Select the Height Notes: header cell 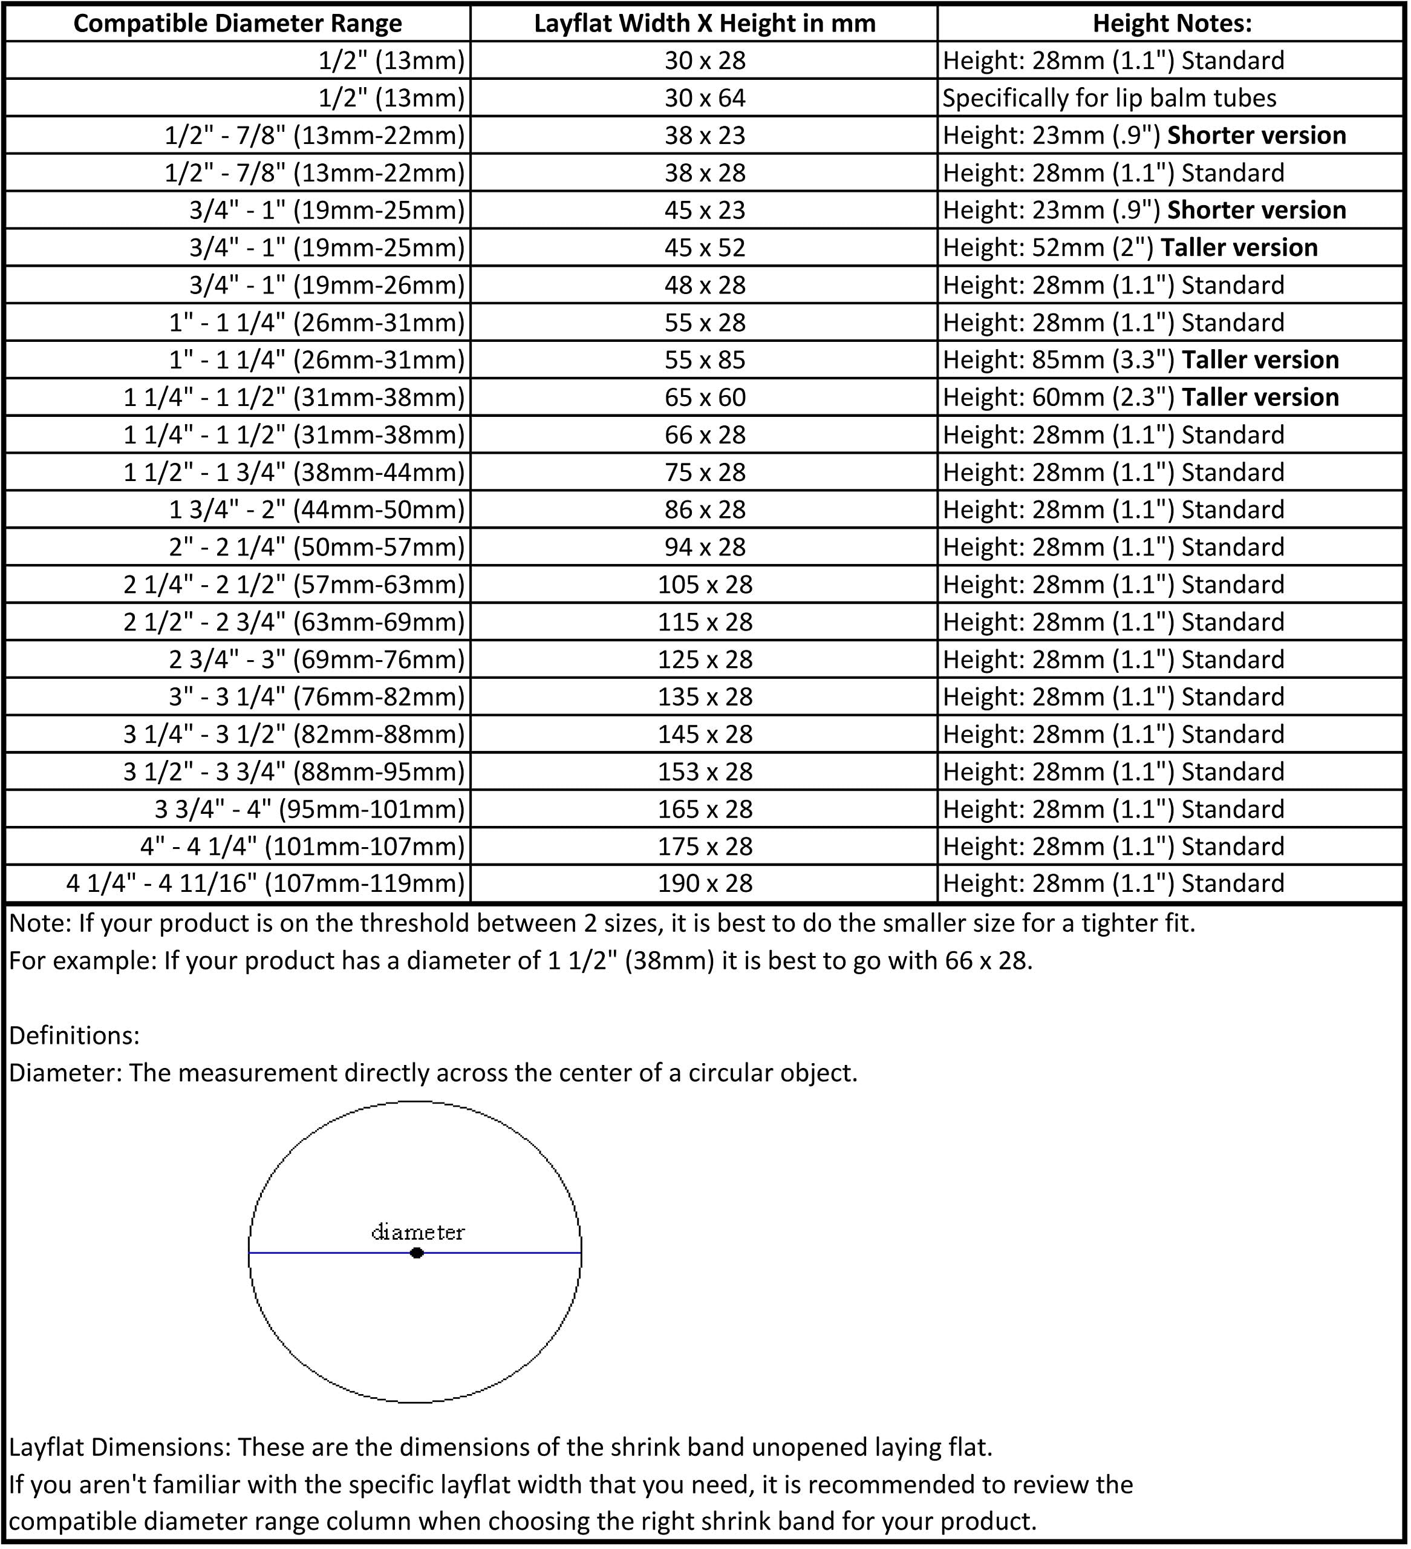[1171, 24]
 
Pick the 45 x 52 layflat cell [705, 248]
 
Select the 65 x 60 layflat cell [705, 398]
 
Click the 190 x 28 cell [705, 883]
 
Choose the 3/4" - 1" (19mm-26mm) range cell [327, 286]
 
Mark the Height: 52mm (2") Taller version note [1129, 248]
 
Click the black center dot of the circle [416, 1253]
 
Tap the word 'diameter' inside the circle [418, 1233]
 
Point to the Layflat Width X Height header [705, 24]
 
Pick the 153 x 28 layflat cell [705, 772]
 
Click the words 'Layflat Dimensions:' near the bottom [119, 1447]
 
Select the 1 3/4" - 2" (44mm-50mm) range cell [318, 510]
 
